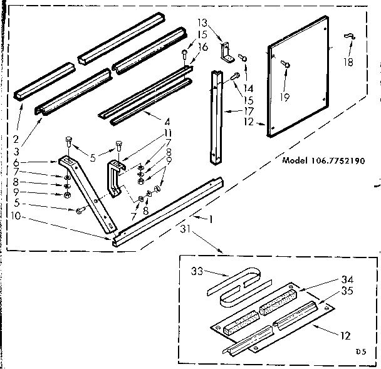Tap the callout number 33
[198, 273]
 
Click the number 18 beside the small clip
[348, 63]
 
